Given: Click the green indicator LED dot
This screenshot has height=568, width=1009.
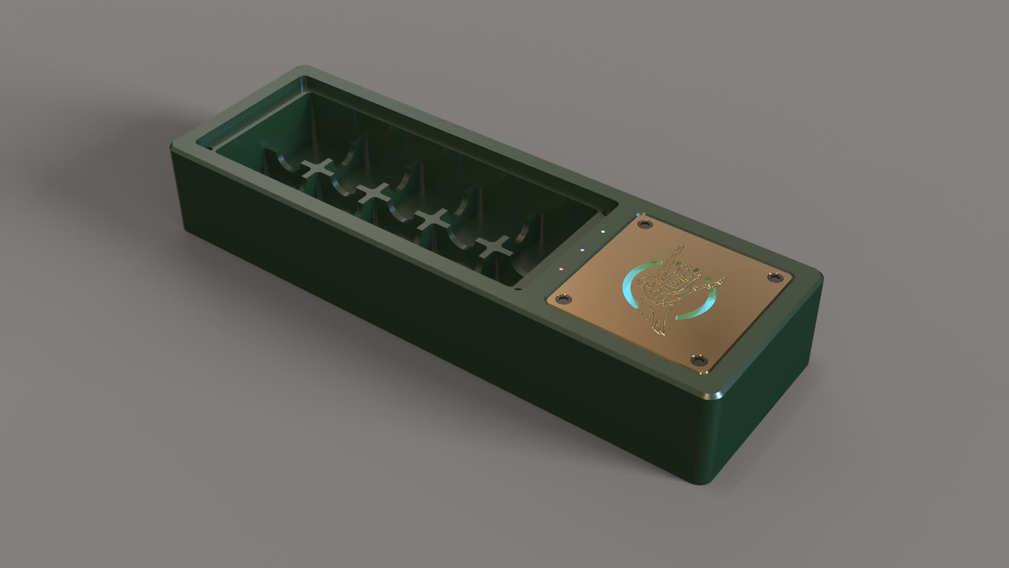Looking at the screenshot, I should [603, 231].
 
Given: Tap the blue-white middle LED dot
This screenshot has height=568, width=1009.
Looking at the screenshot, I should [582, 250].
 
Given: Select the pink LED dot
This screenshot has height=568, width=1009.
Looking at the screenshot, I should [561, 269].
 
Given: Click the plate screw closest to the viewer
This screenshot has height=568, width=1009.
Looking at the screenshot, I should [699, 360].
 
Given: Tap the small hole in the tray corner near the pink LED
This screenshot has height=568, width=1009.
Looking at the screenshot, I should [518, 288].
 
